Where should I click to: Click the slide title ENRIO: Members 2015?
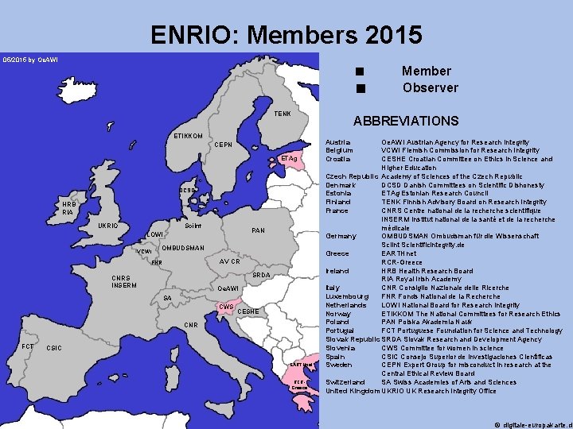click(286, 35)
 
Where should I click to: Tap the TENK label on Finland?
click(283, 114)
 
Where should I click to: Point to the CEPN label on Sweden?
click(224, 145)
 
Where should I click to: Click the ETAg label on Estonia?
click(288, 160)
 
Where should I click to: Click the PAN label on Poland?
click(258, 230)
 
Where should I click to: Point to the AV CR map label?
click(230, 261)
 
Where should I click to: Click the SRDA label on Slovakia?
click(261, 275)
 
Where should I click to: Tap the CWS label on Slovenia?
click(226, 307)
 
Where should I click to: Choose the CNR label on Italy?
click(191, 325)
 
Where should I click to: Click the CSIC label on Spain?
click(55, 348)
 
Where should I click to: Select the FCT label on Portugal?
click(27, 346)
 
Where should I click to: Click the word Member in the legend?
click(426, 71)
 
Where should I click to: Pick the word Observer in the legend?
click(430, 87)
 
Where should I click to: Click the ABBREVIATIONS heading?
click(406, 122)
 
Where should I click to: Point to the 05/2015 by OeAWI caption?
click(29, 60)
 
